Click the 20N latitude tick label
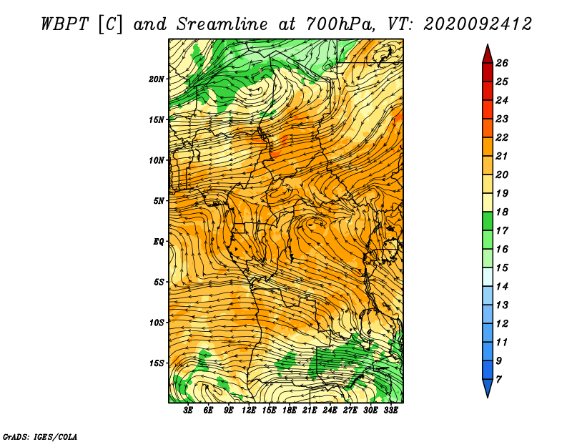point(156,79)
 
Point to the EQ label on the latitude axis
point(158,241)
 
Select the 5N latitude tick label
point(159,201)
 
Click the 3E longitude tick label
point(187,411)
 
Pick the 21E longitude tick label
point(310,411)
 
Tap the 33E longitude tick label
point(390,411)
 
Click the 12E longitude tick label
point(248,411)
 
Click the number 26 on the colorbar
point(502,63)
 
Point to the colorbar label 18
point(502,212)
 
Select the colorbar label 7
point(498,380)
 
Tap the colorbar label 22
point(502,137)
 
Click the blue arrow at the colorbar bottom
point(488,387)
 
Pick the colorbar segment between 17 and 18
point(488,221)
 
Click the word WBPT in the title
point(64,24)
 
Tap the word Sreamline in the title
point(222,24)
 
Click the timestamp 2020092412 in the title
point(477,24)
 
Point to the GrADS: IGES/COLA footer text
point(40,437)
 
